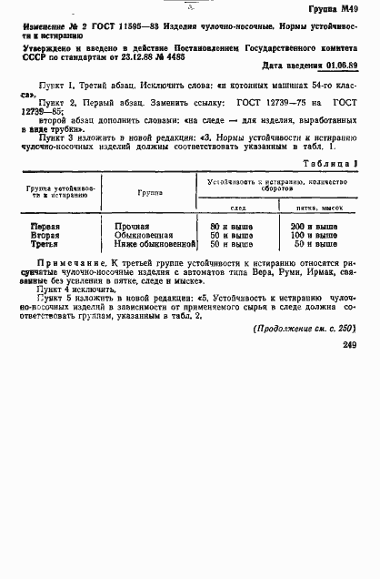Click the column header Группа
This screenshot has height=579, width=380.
click(x=151, y=192)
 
